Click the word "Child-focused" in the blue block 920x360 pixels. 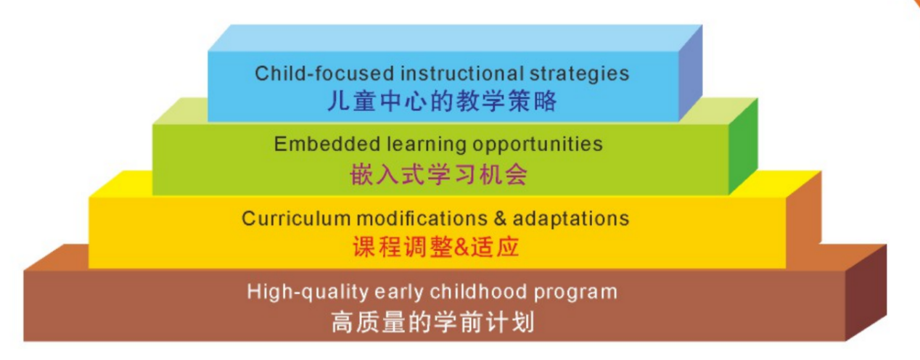click(297, 73)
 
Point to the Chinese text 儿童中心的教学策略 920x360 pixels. click(442, 101)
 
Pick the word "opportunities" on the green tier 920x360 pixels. click(538, 144)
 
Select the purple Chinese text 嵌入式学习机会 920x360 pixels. click(438, 175)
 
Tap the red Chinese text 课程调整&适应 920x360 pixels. click(436, 247)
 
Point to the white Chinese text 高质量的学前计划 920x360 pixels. click(432, 322)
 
